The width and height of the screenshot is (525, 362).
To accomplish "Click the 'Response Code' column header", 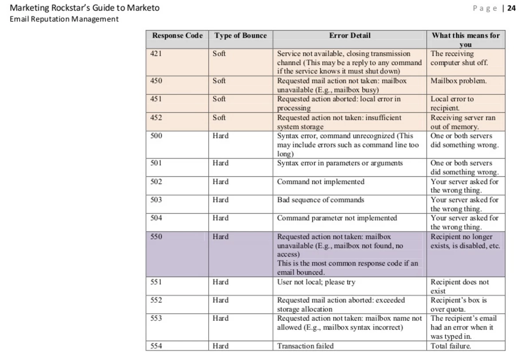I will coord(177,35).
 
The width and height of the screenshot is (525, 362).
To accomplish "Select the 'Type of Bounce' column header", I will coord(241,35).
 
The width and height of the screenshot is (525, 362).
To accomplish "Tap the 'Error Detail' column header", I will coord(350,35).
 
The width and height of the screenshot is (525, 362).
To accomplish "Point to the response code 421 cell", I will coord(156,54).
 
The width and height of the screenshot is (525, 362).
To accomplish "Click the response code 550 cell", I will coord(156,237).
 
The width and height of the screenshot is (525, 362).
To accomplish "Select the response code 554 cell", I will coord(156,346).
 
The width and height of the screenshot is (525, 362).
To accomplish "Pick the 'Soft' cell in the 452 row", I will coord(219,117).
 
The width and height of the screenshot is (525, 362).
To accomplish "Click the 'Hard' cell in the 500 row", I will coord(220,136).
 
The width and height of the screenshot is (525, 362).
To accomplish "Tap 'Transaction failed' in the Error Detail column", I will coord(305,346).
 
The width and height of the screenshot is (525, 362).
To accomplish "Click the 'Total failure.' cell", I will coord(451,346).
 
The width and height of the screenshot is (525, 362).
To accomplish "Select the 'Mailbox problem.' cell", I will coord(459,81).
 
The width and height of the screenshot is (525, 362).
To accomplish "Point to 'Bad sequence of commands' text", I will coord(320,200).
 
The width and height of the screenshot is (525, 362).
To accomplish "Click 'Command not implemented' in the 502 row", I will coord(320,182).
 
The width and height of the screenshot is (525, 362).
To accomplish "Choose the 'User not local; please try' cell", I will coord(316,282).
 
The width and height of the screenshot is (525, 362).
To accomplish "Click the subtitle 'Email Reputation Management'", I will coord(64,19).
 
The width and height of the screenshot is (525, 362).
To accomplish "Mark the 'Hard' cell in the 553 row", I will coord(220,318).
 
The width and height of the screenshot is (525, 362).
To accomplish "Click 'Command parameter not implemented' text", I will coord(337,218).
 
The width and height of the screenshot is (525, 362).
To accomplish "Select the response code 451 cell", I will coord(156,99).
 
